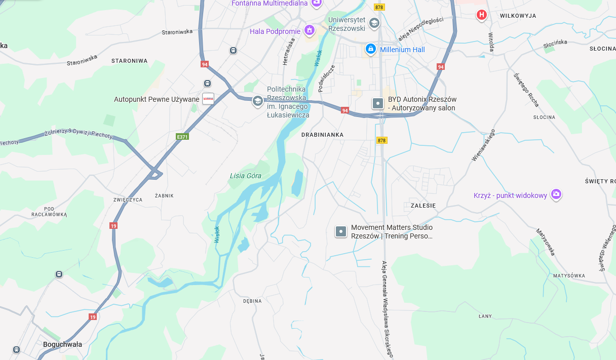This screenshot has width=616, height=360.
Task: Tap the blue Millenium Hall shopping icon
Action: click(x=371, y=49)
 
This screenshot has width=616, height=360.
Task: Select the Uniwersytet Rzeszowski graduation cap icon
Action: click(x=374, y=23)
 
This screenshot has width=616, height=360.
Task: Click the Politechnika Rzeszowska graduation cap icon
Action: click(x=258, y=101)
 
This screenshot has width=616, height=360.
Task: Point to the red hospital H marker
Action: click(x=481, y=15)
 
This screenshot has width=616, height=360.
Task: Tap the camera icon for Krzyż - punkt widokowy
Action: click(x=556, y=194)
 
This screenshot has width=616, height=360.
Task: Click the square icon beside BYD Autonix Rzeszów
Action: click(x=378, y=103)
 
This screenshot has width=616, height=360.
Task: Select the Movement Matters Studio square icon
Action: click(x=341, y=231)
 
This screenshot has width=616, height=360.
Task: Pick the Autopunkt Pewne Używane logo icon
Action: click(x=208, y=99)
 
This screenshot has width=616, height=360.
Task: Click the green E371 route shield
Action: click(x=182, y=137)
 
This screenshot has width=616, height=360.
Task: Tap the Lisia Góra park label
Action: click(x=246, y=176)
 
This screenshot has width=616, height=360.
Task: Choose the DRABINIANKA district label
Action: click(x=322, y=135)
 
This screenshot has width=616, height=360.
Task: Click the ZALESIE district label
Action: click(x=419, y=206)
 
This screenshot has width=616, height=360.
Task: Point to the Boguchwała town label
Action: click(x=62, y=344)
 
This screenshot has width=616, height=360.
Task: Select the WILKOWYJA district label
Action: click(x=518, y=16)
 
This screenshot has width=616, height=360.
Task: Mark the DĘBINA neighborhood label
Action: click(x=252, y=301)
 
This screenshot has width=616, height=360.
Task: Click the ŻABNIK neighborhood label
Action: click(x=164, y=195)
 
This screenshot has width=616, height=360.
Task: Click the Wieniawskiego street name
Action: click(x=483, y=145)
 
